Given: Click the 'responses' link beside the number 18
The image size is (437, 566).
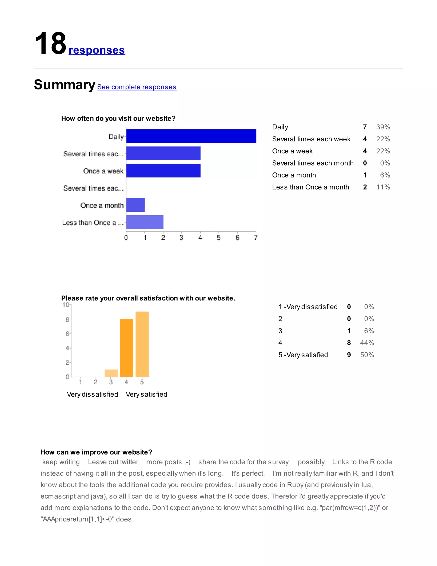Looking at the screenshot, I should pos(97,50).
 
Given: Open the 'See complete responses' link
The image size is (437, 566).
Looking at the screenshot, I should pos(137,87).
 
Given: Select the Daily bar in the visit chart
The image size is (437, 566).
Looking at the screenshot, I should pos(191,136).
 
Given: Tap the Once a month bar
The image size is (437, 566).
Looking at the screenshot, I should pos(135,205).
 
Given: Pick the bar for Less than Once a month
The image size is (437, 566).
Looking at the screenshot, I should pos(145,222).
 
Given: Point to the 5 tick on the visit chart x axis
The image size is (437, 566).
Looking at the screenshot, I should pos(219,237).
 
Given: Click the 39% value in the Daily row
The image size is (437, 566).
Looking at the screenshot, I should pos(383,127).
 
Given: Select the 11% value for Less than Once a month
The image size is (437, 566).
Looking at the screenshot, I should pos(383,187).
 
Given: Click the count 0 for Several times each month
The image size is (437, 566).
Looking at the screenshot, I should pos(365,163).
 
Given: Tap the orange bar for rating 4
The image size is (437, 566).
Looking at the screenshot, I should pos(127,348).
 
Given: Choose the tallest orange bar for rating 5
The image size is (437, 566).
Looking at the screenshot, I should pos(142,344).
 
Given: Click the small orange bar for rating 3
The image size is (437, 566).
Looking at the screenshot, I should pos(111,373).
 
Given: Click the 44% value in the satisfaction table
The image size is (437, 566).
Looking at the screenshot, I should pos(367,343).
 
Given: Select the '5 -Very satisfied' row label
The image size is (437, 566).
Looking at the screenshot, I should pos(303,355).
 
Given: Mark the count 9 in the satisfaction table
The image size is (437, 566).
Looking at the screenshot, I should pos(349,355).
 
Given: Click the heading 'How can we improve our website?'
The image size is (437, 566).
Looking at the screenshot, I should pos(96,452).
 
